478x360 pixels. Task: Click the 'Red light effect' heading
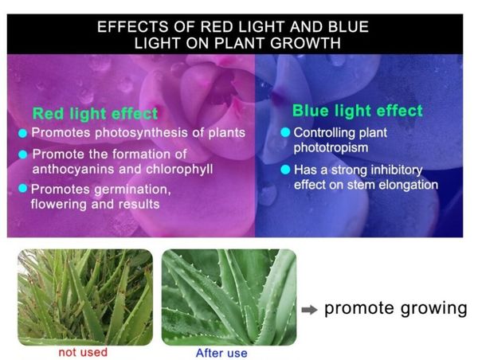point(95,114)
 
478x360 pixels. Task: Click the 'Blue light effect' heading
point(358,111)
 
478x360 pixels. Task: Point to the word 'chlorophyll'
point(179,170)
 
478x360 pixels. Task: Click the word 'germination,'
point(132,190)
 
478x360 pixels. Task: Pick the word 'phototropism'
point(331,148)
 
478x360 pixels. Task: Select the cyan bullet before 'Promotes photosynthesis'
point(22,133)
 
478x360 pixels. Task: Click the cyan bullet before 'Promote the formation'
point(23,155)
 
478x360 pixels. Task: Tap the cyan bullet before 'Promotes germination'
point(23,188)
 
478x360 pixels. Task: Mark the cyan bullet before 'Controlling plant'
point(285,132)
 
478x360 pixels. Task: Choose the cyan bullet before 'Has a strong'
point(285,170)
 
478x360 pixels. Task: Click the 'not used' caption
point(83,352)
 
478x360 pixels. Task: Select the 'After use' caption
point(221,353)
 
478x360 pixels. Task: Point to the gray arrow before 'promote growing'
point(309,310)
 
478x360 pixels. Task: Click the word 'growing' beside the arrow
point(434,309)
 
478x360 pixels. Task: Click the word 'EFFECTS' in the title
point(132,27)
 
